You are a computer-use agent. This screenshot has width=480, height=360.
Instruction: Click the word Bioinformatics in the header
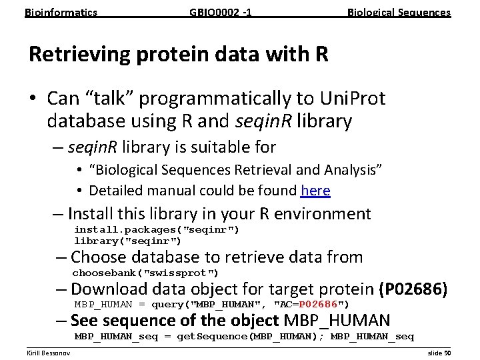click(61, 12)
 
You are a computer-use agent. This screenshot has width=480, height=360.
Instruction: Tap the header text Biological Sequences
click(399, 12)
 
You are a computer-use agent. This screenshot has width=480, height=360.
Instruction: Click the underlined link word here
click(315, 191)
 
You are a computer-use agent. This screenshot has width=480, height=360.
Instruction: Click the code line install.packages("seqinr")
click(157, 230)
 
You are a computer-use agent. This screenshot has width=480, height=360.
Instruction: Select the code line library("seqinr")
click(127, 241)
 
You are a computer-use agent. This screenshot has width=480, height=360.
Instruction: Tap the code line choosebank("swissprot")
click(145, 273)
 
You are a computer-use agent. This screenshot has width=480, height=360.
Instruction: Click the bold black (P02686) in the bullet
click(413, 289)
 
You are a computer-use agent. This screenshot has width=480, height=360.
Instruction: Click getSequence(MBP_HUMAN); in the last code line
click(251, 337)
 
